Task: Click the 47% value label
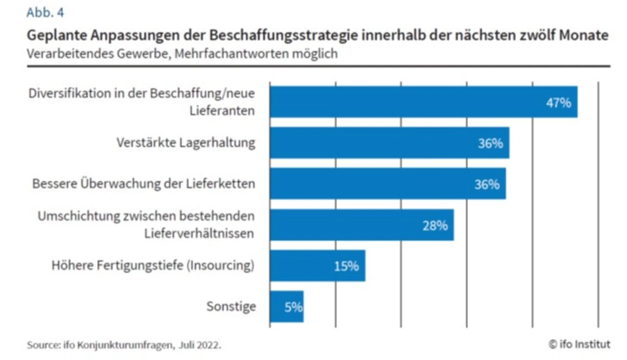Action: [x=558, y=103]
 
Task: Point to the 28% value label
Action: [x=435, y=225]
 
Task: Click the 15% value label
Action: [x=346, y=266]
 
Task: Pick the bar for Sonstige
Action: [x=287, y=307]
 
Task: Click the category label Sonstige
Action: [x=231, y=307]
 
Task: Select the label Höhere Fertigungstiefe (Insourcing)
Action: [x=153, y=265]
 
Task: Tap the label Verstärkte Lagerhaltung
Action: [x=186, y=143]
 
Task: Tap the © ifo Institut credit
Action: [x=579, y=344]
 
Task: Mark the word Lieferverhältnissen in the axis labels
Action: [x=199, y=233]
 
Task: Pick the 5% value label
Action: [x=293, y=308]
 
